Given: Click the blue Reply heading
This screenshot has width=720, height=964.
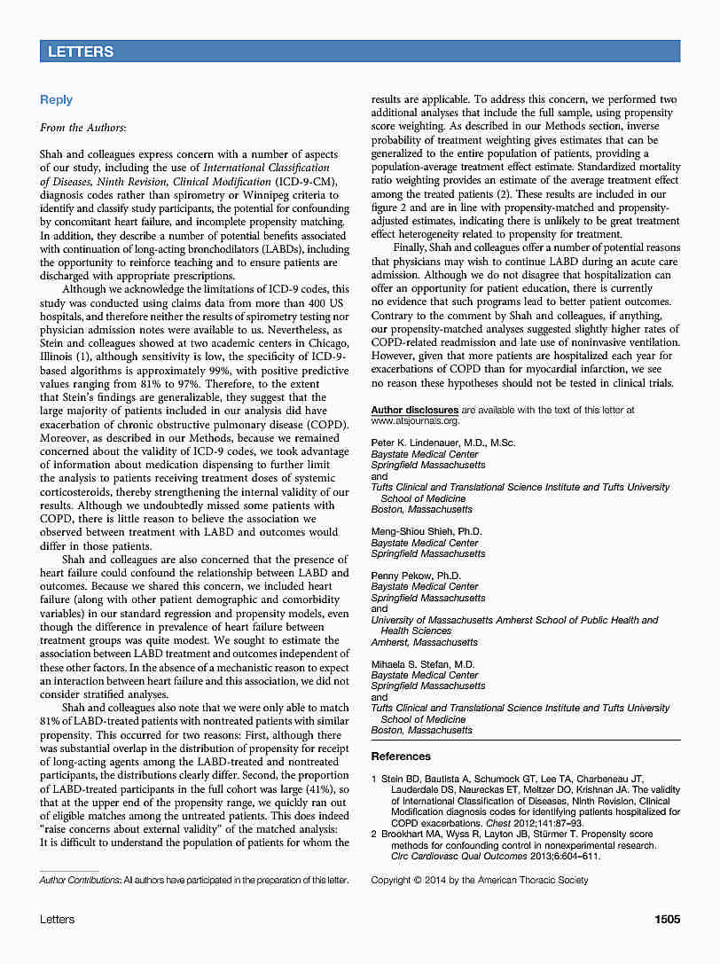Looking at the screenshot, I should [x=56, y=99].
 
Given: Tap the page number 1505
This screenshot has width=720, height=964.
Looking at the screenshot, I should [x=667, y=919].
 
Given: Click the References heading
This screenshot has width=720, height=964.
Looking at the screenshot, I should [x=401, y=756].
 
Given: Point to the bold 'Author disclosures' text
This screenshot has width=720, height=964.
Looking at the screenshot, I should [x=414, y=410].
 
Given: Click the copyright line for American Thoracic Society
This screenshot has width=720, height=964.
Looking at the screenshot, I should [x=479, y=880].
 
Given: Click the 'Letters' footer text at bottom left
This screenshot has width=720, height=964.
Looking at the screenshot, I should [x=57, y=919].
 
